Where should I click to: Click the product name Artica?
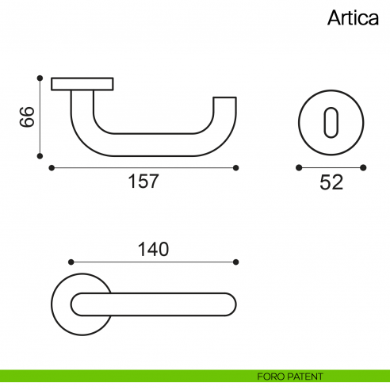click(x=353, y=19)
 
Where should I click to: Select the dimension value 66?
click(x=25, y=118)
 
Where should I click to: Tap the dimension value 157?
click(x=143, y=182)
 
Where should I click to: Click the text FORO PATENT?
click(x=290, y=376)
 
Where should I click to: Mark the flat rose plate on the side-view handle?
click(x=82, y=83)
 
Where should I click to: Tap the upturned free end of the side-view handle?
click(x=226, y=107)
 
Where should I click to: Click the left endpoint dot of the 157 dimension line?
click(x=52, y=167)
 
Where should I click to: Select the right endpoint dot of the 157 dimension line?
click(x=236, y=167)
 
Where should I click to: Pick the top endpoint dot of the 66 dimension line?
click(x=39, y=78)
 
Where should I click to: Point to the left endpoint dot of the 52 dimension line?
click(x=298, y=167)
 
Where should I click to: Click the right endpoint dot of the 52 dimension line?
click(x=363, y=167)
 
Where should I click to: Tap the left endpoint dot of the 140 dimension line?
click(x=71, y=261)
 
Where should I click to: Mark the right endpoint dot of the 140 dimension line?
click(x=236, y=261)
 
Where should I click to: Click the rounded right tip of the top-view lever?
click(x=231, y=304)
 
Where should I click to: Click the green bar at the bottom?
click(x=119, y=376)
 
